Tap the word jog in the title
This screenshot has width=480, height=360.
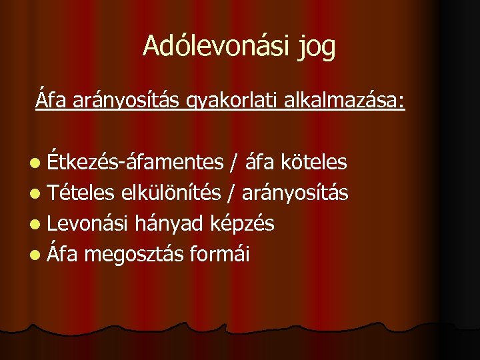pyautogui.click(x=315, y=47)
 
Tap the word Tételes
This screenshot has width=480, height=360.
pyautogui.click(x=82, y=193)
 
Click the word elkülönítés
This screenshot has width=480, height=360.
pyautogui.click(x=170, y=193)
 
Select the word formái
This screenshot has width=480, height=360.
pyautogui.click(x=220, y=254)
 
